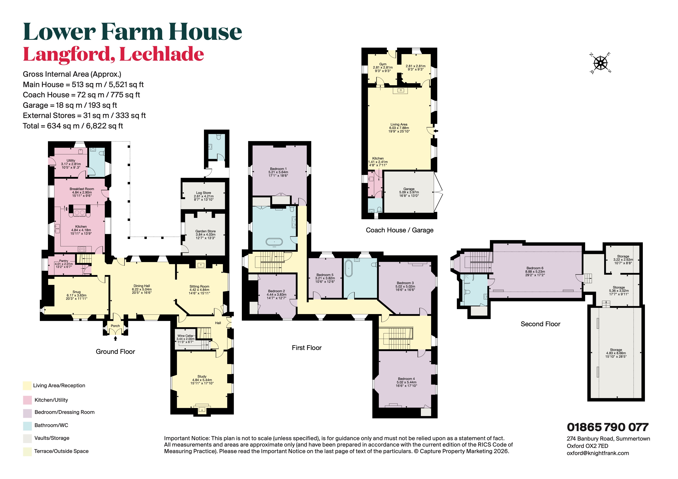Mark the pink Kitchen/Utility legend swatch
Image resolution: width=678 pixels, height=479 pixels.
click(27, 400)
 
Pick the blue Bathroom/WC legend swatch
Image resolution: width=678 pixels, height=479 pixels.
click(27, 426)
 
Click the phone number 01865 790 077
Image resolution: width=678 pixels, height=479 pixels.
click(607, 427)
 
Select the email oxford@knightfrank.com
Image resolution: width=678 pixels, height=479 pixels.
click(598, 453)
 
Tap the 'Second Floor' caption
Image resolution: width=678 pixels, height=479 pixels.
click(540, 324)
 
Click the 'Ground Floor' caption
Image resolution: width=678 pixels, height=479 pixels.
click(115, 352)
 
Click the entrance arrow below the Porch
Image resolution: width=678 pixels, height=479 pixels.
click(115, 338)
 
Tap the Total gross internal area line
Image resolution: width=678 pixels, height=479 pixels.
click(73, 126)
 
